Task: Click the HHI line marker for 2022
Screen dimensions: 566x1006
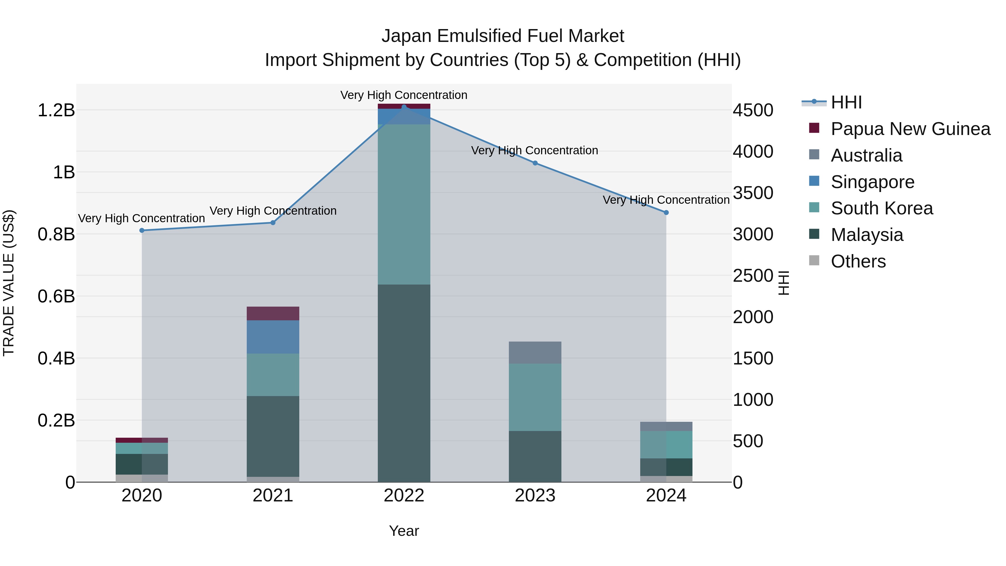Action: click(x=404, y=107)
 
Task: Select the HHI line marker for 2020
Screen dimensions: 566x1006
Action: click(x=142, y=231)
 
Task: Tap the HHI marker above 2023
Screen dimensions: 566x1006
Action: click(x=535, y=163)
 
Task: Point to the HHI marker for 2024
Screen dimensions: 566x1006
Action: click(x=666, y=212)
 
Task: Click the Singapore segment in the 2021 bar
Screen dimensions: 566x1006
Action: click(x=273, y=337)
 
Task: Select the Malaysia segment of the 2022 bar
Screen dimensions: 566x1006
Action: click(x=404, y=383)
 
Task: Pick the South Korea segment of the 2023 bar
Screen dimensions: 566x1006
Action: click(x=535, y=397)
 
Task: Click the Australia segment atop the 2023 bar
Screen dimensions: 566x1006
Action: click(x=535, y=352)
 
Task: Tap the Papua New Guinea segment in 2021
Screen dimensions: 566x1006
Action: click(x=273, y=313)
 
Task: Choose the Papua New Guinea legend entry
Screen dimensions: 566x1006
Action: click(x=910, y=129)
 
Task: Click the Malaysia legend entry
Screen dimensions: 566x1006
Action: click(x=867, y=235)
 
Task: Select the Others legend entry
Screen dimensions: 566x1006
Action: click(x=858, y=261)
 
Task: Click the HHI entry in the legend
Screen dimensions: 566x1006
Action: click(x=846, y=102)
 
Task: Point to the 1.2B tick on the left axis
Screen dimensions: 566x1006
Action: click(x=56, y=110)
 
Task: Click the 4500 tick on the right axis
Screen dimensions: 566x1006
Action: click(x=753, y=110)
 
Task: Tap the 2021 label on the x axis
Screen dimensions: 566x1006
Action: click(x=273, y=496)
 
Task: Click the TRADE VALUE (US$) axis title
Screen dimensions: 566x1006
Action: click(x=9, y=283)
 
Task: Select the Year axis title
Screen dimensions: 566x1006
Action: click(x=404, y=531)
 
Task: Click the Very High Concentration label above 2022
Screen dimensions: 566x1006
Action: click(x=404, y=95)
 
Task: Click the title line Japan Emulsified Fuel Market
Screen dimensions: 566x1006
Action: click(x=503, y=36)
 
